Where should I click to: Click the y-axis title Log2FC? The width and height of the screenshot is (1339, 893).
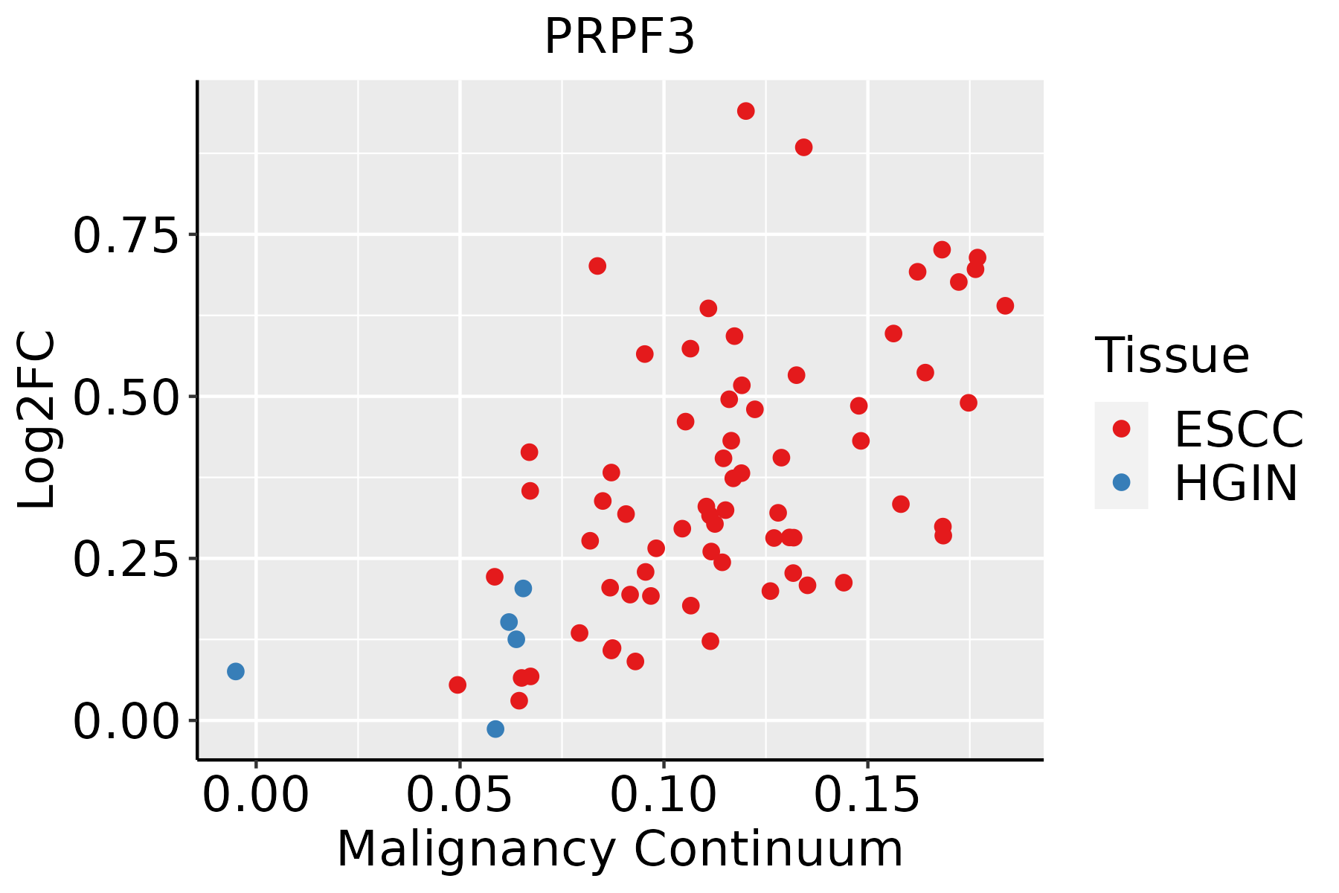37,420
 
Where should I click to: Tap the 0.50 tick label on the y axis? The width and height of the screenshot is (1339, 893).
126,397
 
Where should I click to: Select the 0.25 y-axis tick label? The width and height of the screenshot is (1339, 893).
126,560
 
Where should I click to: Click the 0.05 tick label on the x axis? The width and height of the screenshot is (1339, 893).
460,796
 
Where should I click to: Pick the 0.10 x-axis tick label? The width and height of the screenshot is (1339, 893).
664,796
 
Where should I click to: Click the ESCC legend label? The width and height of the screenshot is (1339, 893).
1239,429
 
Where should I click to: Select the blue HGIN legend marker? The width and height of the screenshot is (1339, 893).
1121,482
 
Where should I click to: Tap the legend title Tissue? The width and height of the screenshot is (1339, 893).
1172,355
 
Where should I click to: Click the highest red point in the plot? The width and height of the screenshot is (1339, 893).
745,111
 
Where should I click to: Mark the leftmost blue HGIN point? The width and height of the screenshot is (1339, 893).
235,671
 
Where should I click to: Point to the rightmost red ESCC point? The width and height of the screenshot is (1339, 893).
1005,306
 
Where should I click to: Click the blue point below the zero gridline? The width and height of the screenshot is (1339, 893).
495,729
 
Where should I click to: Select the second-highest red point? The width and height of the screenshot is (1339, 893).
803,147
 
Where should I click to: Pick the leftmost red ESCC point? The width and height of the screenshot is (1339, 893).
457,685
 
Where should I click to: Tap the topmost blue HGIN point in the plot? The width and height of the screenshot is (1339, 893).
523,589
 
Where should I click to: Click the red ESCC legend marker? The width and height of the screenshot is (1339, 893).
1121,428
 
